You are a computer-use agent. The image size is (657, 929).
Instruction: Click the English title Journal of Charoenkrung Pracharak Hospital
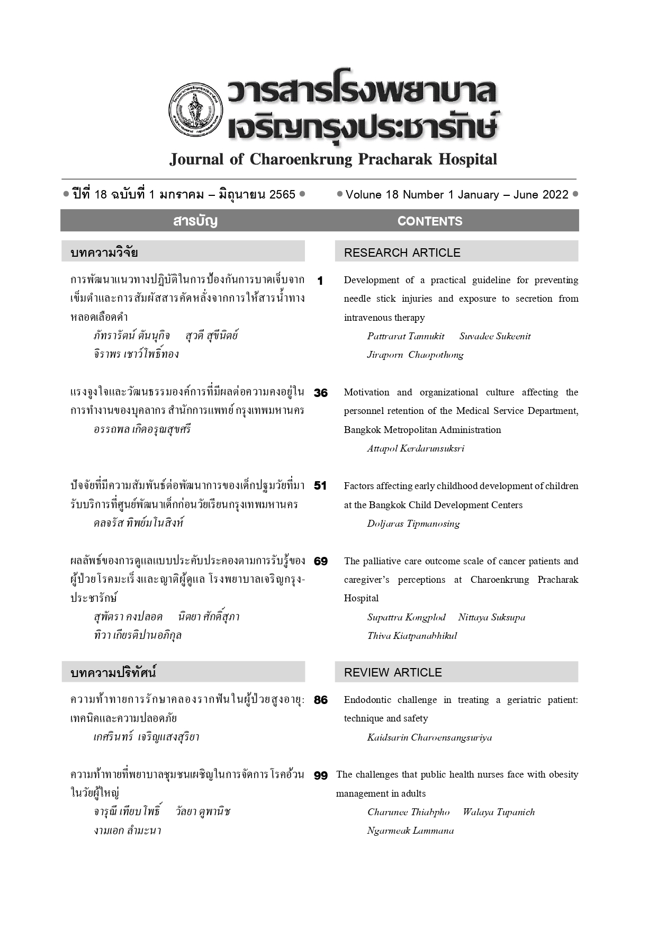(333, 159)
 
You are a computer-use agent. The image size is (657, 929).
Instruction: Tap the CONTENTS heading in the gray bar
(429, 221)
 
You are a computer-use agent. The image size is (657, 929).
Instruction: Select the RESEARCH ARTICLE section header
(402, 252)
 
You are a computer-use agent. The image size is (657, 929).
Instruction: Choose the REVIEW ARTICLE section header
(392, 672)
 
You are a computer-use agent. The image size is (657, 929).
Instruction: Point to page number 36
(320, 393)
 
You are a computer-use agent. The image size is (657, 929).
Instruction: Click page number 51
(320, 486)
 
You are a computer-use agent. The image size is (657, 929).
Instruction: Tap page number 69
(320, 561)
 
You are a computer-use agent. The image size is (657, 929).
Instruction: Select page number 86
(320, 700)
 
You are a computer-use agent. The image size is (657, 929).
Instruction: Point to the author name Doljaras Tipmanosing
(413, 524)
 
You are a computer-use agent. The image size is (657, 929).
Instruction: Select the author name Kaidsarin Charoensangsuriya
(429, 737)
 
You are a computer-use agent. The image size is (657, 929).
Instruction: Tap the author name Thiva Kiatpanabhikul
(412, 636)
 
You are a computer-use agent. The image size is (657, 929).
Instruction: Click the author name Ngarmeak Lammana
(410, 831)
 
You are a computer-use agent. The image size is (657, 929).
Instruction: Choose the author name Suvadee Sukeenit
(494, 336)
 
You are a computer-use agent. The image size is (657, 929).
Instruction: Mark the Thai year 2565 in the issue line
(282, 195)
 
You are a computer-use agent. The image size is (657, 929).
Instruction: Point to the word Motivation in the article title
(366, 392)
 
